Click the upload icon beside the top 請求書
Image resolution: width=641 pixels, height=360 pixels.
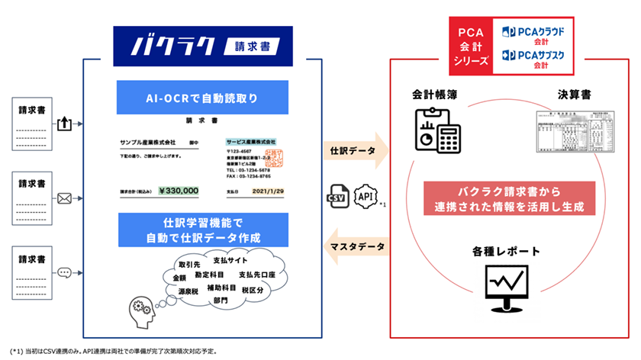tap(65, 122)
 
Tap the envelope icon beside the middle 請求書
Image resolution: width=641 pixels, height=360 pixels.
tap(65, 198)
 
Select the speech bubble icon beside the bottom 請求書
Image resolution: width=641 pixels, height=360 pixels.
tap(65, 272)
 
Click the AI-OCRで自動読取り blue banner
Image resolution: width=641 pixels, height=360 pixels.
tap(202, 98)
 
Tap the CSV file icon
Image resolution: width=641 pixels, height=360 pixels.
tap(337, 196)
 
